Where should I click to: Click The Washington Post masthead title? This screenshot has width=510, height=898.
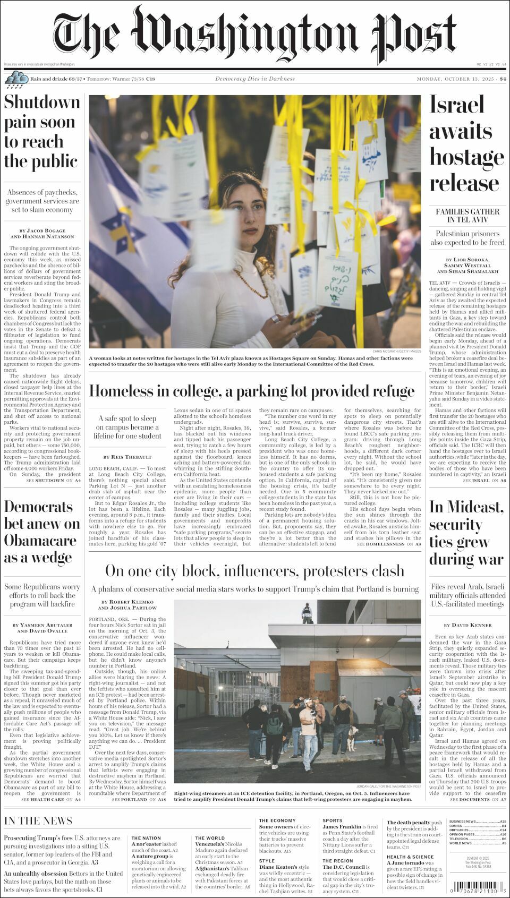pyautogui.click(x=254, y=33)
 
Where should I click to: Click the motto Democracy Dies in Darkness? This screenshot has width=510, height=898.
pyautogui.click(x=255, y=79)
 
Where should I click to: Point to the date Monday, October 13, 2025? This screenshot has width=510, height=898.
pyautogui.click(x=456, y=79)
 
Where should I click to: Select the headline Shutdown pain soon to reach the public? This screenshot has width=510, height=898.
pyautogui.click(x=41, y=132)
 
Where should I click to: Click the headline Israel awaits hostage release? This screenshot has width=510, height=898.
pyautogui.click(x=466, y=144)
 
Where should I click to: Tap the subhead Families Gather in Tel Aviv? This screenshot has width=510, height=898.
pyautogui.click(x=467, y=215)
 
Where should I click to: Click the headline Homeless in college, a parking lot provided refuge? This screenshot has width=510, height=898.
pyautogui.click(x=252, y=391)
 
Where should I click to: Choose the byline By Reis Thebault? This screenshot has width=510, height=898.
pyautogui.click(x=127, y=457)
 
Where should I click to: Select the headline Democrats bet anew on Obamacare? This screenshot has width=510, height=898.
pyautogui.click(x=41, y=532)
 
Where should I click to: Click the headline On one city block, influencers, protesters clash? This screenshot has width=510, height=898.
pyautogui.click(x=254, y=571)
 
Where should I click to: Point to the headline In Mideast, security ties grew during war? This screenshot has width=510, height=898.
pyautogui.click(x=466, y=533)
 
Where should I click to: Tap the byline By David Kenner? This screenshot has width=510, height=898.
pyautogui.click(x=467, y=625)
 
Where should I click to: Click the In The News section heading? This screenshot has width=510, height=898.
pyautogui.click(x=38, y=820)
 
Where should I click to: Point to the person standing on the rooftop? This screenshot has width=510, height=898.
pyautogui.click(x=307, y=613)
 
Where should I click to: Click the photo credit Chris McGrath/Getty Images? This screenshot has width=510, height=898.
pyautogui.click(x=396, y=351)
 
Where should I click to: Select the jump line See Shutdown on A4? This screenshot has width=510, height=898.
pyautogui.click(x=53, y=480)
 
